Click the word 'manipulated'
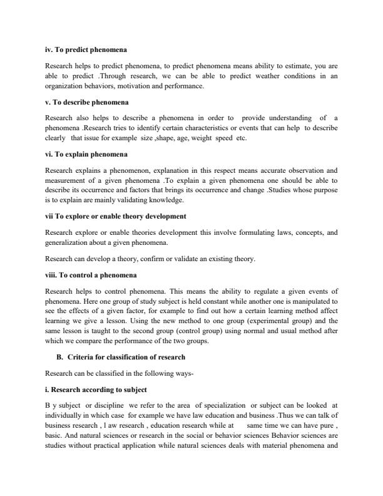[314, 301]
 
